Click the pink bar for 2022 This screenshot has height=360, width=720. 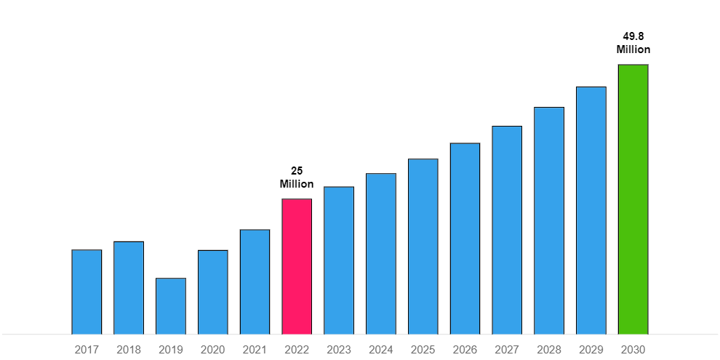point(297,267)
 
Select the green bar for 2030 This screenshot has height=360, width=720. point(633,200)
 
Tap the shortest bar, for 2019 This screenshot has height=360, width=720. point(171,306)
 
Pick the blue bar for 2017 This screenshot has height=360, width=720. point(87,292)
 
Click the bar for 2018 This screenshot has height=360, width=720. point(129,288)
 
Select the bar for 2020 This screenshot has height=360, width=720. point(212,292)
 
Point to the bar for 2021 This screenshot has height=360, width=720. point(255,282)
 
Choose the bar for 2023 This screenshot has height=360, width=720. point(339,261)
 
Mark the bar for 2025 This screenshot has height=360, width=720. point(423,247)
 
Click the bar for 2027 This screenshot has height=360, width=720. point(507,231)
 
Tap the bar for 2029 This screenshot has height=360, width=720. point(591,211)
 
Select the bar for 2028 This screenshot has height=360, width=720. point(549,221)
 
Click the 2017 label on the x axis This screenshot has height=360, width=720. point(87,350)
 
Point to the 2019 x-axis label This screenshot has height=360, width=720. point(171,350)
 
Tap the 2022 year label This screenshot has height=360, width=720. point(297,350)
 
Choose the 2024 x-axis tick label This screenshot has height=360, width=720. point(380,350)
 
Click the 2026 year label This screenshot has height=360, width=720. point(465,350)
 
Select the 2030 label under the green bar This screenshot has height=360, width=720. point(633,350)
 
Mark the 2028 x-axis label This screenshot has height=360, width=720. point(549,350)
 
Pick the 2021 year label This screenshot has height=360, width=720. point(255,350)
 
